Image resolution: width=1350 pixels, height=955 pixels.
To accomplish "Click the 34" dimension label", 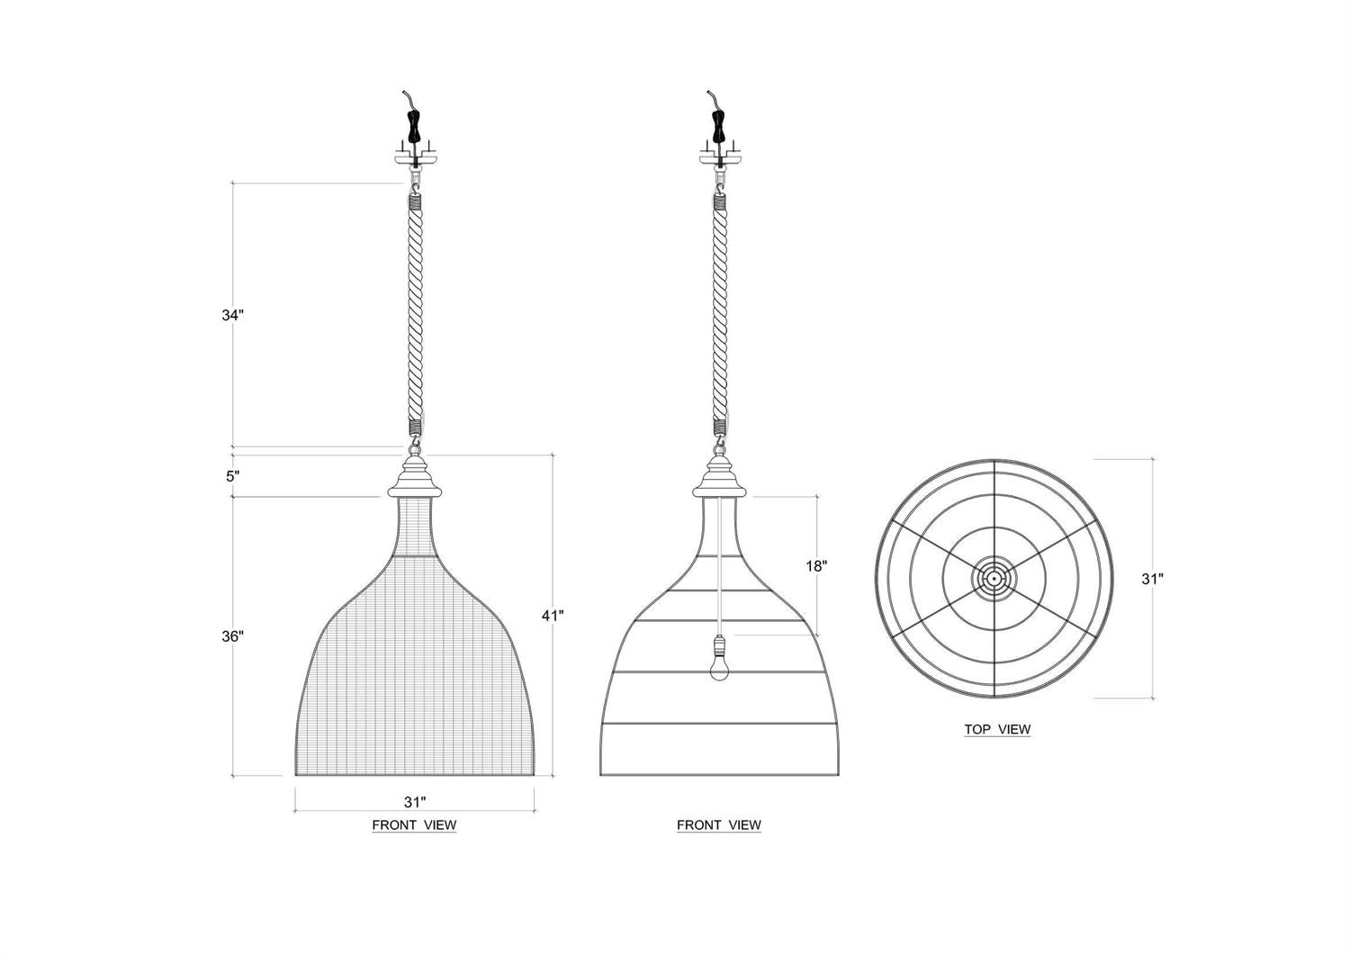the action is click(x=232, y=315).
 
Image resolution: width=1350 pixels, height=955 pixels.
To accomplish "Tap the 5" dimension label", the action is click(x=232, y=476).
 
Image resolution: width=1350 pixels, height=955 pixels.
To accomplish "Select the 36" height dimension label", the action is click(x=232, y=636).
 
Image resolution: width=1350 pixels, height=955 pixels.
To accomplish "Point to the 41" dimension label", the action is click(x=553, y=616).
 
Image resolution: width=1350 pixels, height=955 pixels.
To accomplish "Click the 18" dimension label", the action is click(x=816, y=566).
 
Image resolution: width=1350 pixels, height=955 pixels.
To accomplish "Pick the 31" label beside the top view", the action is click(x=1152, y=579).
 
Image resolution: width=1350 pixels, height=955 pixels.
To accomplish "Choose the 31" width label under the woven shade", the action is click(x=415, y=803).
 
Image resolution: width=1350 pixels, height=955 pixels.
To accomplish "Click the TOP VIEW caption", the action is click(x=997, y=729).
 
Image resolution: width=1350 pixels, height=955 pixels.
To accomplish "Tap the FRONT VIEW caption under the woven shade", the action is click(x=414, y=824).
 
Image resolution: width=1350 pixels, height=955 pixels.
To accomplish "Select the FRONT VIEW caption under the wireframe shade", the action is click(x=719, y=824).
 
